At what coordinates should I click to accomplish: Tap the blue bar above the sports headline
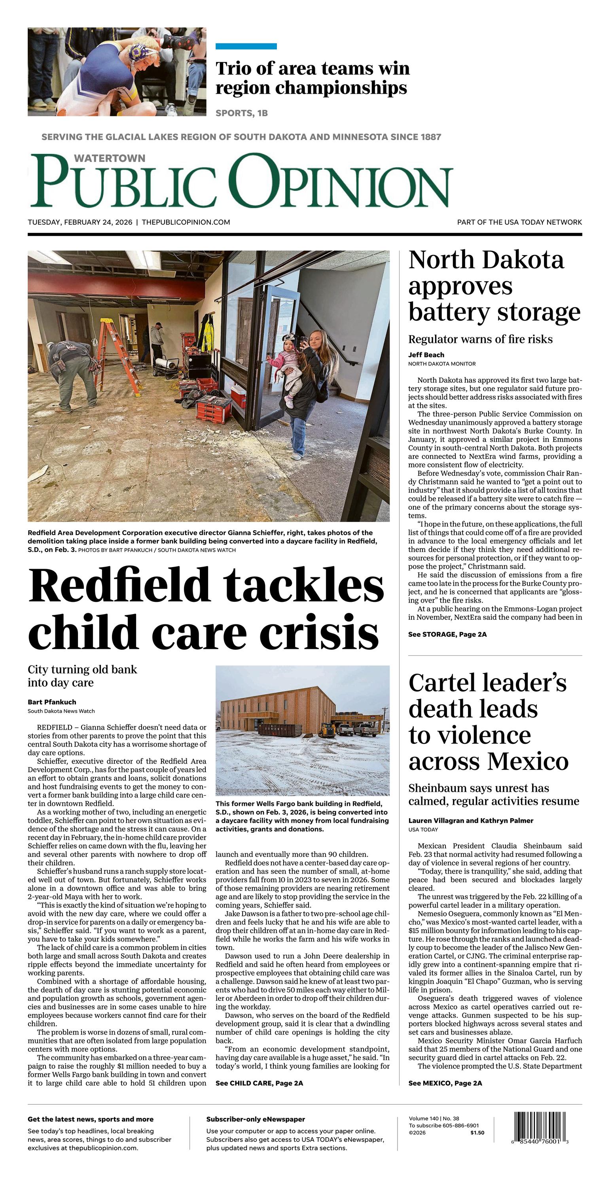tap(246, 46)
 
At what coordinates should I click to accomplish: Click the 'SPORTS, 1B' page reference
tap(241, 113)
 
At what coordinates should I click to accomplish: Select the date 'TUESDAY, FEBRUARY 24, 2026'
tap(80, 222)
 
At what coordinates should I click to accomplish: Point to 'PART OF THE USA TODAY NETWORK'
tap(519, 222)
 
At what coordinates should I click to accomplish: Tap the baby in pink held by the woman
tap(287, 361)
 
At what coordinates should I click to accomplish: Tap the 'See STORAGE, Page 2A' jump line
tap(447, 634)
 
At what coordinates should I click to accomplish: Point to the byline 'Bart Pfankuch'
tap(52, 702)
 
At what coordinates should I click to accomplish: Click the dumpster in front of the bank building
tap(280, 728)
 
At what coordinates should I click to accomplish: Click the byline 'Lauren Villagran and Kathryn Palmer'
tap(470, 821)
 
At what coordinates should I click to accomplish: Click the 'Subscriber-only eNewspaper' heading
tap(255, 1119)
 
